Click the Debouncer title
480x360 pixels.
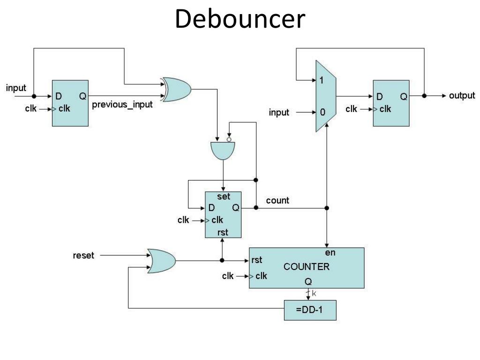tap(240, 19)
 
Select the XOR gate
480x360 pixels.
tap(176, 90)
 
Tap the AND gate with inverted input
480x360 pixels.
tap(223, 150)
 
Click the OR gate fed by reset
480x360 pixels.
tap(161, 261)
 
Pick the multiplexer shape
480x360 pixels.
tap(326, 96)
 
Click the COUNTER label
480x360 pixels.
tap(307, 267)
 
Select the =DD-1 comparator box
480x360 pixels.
tap(310, 310)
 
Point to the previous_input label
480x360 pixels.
tap(122, 105)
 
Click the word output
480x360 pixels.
tap(462, 96)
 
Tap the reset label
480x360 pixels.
tap(83, 255)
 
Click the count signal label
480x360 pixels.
tap(277, 201)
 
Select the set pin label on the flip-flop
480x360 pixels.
tap(224, 196)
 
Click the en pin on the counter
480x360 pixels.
tap(330, 253)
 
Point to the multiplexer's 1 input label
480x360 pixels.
tap(322, 80)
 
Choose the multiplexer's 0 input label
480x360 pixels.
tap(322, 112)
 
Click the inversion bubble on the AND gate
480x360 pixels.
tap(229, 140)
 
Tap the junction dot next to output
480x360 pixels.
tap(424, 96)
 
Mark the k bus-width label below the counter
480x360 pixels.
tap(314, 293)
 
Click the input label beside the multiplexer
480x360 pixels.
tap(279, 112)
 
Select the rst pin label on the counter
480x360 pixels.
tap(256, 260)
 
